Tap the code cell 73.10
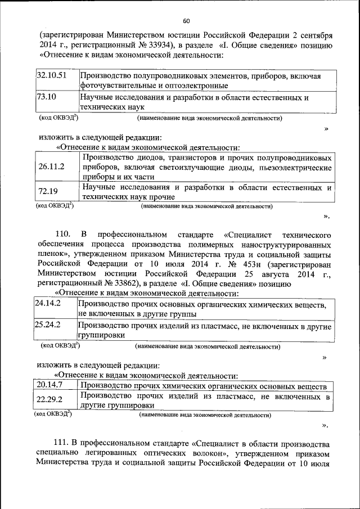coord(46,97)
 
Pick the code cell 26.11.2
coord(52,166)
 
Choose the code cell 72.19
coord(48,192)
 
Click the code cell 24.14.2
coord(48,304)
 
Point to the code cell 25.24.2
coord(48,325)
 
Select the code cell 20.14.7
coord(49,386)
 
